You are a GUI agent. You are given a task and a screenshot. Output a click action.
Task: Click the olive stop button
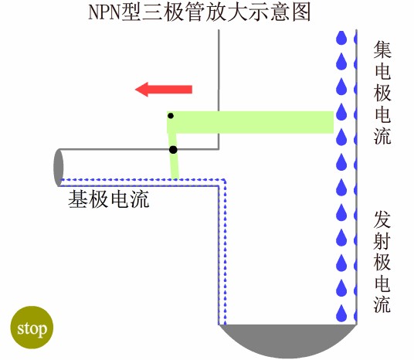click(x=32, y=328)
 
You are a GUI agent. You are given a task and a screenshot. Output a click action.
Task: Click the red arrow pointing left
click(x=164, y=90)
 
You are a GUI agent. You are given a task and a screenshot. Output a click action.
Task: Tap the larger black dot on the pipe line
click(x=173, y=150)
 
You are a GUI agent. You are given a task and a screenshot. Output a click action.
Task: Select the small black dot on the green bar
click(x=171, y=116)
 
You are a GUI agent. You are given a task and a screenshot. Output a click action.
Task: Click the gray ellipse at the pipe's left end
click(x=59, y=168)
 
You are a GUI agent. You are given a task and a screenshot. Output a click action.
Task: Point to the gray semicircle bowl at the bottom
click(x=288, y=339)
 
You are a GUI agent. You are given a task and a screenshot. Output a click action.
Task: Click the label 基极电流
click(x=109, y=199)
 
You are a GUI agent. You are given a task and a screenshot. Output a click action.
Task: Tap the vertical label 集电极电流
click(x=382, y=93)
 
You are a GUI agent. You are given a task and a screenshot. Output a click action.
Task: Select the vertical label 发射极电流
click(x=382, y=261)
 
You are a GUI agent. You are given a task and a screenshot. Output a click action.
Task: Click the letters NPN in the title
click(x=105, y=12)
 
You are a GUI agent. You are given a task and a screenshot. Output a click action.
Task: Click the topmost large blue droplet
click(x=341, y=37)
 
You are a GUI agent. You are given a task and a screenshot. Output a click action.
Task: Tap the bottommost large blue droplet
click(x=341, y=313)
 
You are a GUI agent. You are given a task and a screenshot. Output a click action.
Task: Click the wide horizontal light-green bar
click(x=250, y=122)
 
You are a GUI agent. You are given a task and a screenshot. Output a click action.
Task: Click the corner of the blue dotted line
click(x=225, y=180)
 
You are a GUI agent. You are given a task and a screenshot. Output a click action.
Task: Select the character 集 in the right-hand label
click(x=382, y=49)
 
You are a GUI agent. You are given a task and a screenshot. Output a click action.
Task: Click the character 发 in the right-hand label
click(x=382, y=219)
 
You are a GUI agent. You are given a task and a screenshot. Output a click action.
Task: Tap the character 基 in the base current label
click(x=77, y=199)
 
